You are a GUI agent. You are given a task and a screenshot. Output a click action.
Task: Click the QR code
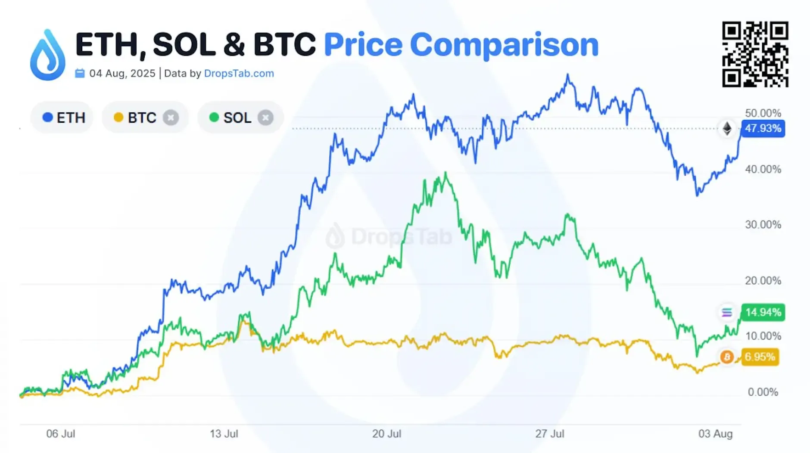755,54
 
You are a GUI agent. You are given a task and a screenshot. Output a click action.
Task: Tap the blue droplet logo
48,55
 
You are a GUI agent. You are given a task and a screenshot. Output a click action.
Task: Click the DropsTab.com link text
239,74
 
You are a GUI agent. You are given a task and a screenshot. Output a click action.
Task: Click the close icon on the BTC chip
171,118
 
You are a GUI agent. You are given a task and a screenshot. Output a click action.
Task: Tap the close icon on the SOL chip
265,118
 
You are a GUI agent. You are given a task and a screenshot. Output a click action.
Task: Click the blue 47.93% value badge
763,128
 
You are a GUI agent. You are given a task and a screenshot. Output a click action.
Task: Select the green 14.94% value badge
763,312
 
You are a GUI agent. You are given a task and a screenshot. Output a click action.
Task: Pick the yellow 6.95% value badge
760,357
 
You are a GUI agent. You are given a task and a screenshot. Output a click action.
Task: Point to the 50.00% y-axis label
763,113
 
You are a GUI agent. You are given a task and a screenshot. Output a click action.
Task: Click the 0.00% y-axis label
763,392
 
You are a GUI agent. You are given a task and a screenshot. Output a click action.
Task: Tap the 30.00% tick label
763,225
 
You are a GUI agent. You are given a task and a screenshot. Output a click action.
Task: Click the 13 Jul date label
224,434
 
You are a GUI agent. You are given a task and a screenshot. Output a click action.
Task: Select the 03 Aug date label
715,434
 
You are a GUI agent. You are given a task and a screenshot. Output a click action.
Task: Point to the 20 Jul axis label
386,434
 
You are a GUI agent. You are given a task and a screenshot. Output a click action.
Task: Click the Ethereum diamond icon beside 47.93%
727,129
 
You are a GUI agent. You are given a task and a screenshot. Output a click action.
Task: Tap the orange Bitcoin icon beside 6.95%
727,357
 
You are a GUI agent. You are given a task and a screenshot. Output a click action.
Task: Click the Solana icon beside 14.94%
727,313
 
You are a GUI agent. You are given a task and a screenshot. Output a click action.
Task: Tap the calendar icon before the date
80,73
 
